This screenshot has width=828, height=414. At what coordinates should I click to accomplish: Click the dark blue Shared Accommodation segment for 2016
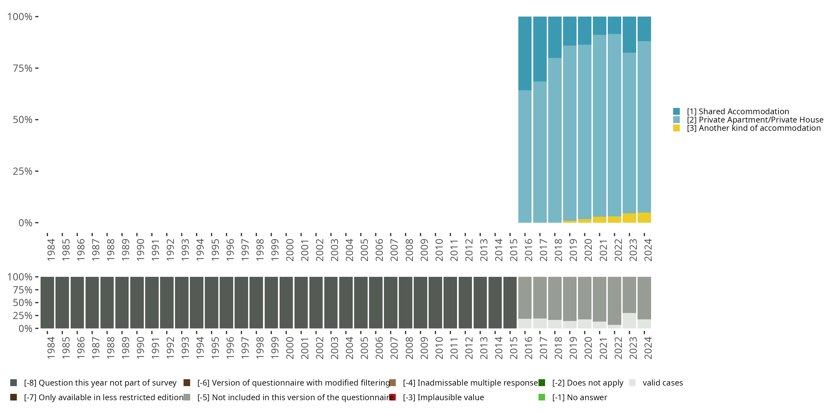tap(525, 53)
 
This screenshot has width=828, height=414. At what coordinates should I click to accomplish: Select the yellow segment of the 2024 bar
tap(644, 217)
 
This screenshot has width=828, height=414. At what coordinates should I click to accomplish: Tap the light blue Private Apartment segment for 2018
tap(555, 140)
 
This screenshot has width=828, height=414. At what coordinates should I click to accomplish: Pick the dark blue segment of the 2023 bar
tap(629, 35)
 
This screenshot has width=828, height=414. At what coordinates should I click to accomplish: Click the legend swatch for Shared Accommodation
tap(676, 112)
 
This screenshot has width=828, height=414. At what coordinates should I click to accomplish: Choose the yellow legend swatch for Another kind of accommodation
tap(676, 128)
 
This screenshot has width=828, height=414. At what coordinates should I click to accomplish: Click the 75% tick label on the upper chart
tap(23, 68)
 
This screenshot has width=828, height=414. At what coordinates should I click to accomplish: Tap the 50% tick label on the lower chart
tap(23, 302)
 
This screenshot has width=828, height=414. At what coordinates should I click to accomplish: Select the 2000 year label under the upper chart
tap(290, 250)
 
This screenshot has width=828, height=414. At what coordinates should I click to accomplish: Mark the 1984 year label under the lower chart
tap(51, 348)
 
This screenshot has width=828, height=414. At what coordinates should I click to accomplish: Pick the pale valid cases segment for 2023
tap(629, 321)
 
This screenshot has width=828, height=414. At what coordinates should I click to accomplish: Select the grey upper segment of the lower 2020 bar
tap(585, 298)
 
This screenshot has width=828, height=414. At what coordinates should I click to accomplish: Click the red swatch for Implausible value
tap(392, 397)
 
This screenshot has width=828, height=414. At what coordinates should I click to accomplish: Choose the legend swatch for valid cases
tap(632, 383)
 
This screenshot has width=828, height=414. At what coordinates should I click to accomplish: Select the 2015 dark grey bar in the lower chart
tap(510, 302)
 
